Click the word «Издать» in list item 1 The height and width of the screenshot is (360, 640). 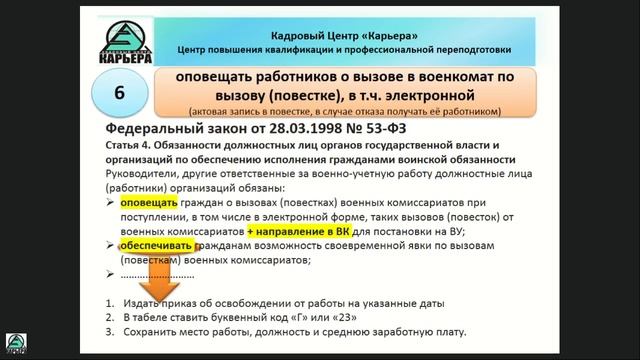144,303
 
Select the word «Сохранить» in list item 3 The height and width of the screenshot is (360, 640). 153,333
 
